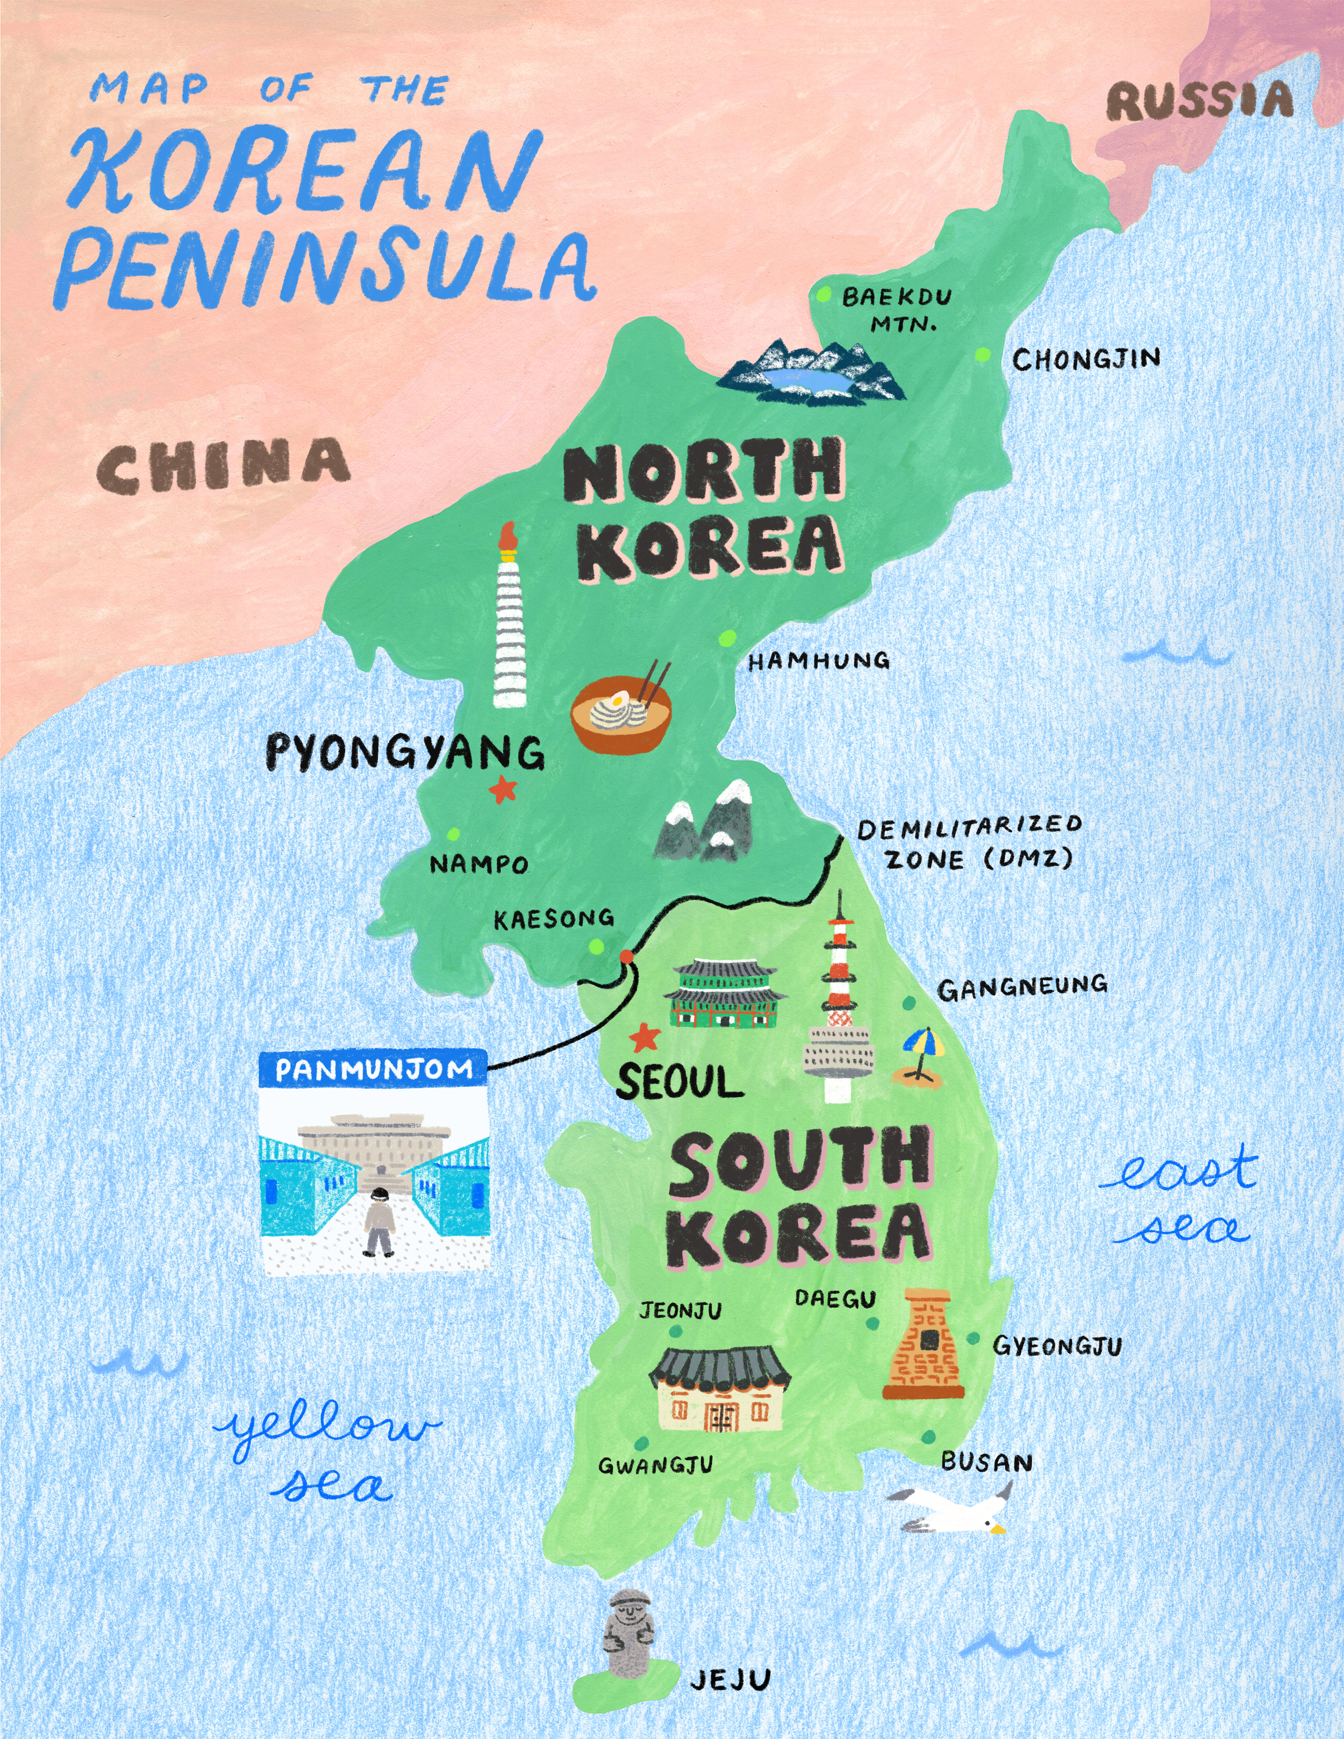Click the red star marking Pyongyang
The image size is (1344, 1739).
503,789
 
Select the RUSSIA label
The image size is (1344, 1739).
1198,102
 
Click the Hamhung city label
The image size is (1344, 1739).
819,660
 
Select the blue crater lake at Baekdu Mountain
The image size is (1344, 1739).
806,380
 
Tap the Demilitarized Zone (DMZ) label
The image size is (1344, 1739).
968,842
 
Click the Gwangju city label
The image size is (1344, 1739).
655,1465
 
